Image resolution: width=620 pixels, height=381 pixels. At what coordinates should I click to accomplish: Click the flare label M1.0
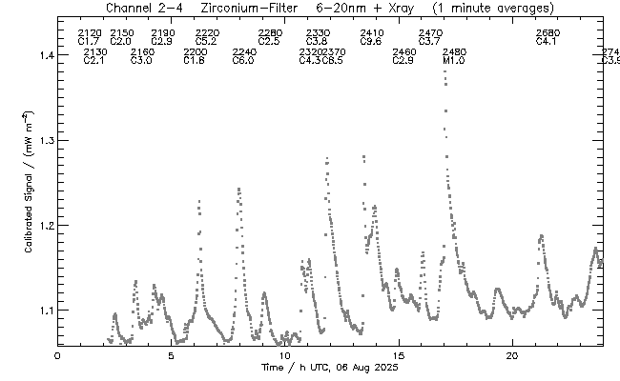454,61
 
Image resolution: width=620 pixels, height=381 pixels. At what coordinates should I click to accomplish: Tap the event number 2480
455,51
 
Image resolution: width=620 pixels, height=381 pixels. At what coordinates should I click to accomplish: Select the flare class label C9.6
371,42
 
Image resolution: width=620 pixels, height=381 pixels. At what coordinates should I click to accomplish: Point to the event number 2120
89,33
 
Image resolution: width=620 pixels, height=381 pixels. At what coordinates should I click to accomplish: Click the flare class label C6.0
243,61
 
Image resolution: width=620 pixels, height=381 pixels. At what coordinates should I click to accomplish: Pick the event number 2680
548,33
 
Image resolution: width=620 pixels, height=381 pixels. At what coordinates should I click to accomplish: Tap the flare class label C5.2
206,42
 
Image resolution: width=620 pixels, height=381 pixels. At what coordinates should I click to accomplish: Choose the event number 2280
269,33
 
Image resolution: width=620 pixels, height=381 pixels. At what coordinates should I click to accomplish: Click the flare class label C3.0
141,61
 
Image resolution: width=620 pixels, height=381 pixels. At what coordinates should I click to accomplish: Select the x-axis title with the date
329,368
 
